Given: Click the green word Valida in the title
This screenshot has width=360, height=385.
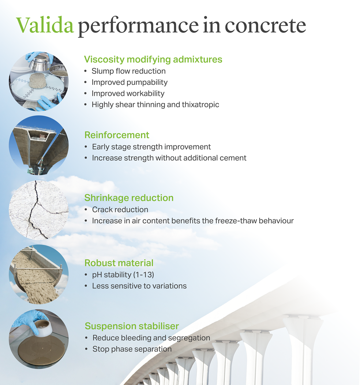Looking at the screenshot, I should point(45,25).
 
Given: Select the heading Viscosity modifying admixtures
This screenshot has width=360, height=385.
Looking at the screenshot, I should point(153,59).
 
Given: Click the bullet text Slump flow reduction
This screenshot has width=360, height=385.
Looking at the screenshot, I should point(128,71).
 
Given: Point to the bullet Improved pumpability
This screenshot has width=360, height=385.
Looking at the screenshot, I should point(130,82).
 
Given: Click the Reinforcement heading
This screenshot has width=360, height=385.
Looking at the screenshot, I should point(117,135).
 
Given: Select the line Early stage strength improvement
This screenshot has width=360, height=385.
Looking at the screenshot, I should point(151,147).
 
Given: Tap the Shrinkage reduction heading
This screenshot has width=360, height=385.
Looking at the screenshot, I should point(129,198).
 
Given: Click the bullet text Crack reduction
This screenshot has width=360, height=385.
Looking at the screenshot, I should point(120,210).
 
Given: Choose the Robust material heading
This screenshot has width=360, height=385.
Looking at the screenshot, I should point(119,263).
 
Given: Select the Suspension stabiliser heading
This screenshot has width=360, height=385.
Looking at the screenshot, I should point(132,326).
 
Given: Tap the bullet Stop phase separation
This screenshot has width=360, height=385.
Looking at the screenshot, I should point(132,349).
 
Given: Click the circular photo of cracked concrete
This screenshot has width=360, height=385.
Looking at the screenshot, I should point(38,210).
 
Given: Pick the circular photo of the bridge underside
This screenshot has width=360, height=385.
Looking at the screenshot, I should point(38,145).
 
